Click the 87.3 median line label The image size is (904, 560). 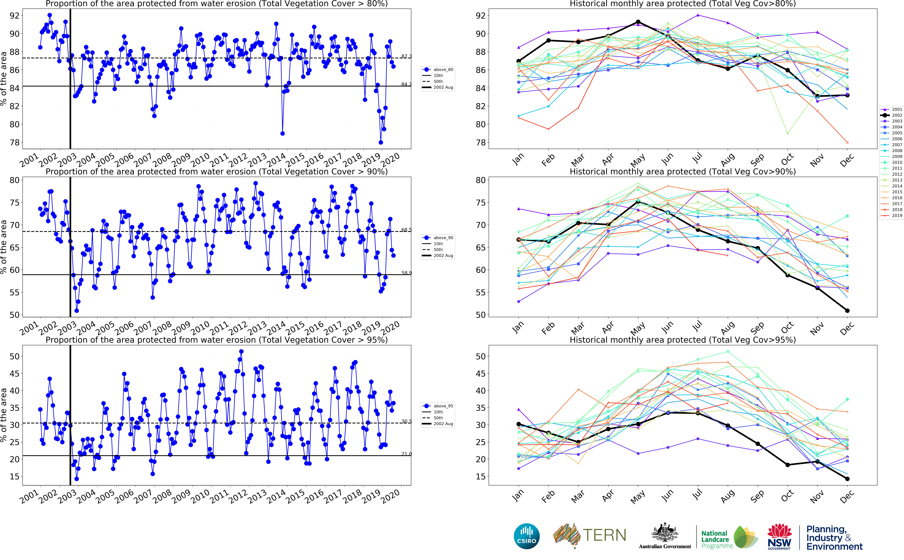tap(406, 56)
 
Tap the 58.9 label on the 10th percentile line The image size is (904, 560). tap(406, 273)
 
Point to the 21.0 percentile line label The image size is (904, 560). tap(406, 454)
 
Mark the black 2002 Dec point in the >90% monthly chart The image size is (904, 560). tap(847, 310)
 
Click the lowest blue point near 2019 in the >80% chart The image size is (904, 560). tap(381, 142)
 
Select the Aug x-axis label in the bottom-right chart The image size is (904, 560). tap(727, 496)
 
